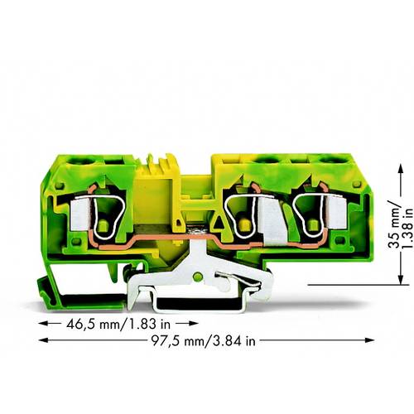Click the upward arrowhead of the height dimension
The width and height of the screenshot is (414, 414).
[391, 156]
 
